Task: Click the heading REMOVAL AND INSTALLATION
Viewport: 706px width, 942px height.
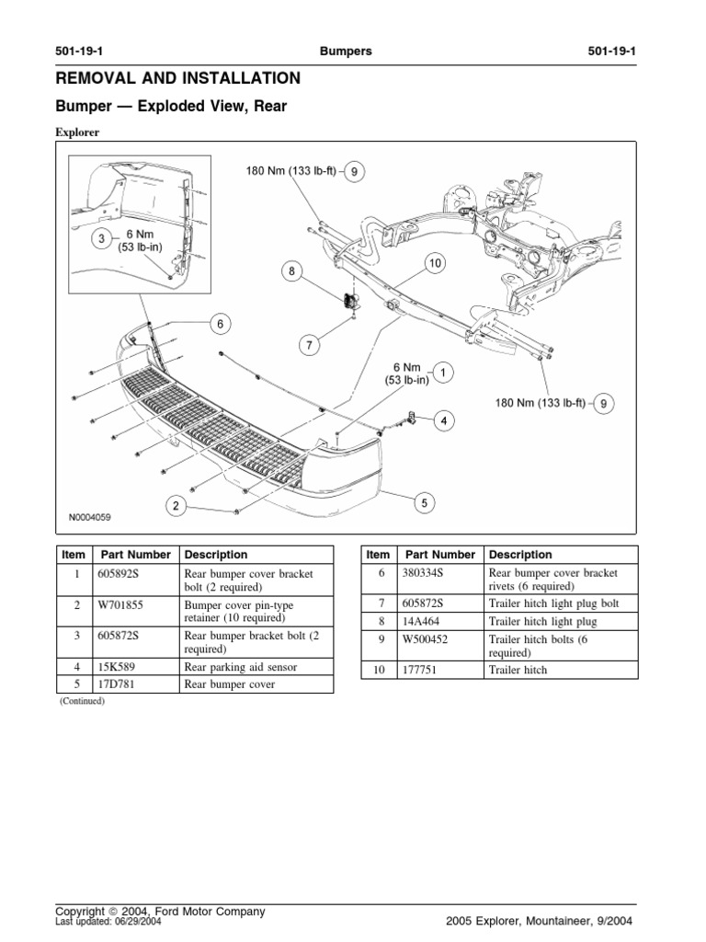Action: [177, 78]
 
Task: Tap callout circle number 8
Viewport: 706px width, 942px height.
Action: [292, 271]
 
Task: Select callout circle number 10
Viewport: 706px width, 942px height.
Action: [434, 264]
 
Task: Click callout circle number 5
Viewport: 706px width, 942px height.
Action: [423, 502]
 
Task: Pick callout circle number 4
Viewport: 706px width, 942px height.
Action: [444, 421]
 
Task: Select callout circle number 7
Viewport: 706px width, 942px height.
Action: [310, 346]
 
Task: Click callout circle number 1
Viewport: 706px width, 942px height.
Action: [442, 373]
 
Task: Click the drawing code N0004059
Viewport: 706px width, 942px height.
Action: [89, 519]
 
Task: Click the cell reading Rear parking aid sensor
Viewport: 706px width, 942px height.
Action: [240, 667]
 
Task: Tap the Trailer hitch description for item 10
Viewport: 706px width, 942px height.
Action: [518, 670]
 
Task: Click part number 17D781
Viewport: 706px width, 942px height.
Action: [119, 684]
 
